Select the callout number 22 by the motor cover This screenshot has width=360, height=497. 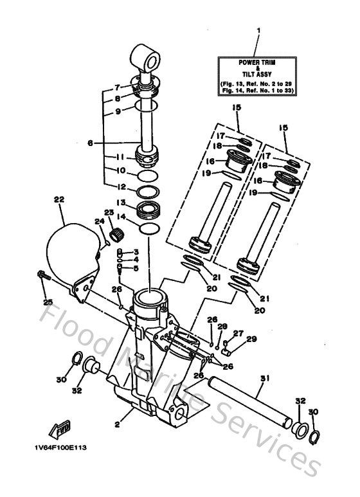[x=59, y=200]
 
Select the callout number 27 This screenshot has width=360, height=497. [x=238, y=333]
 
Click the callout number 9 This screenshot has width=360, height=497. [x=118, y=111]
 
